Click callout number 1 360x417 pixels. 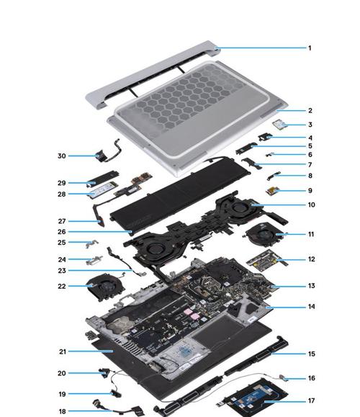point(310,48)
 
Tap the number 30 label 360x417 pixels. point(62,156)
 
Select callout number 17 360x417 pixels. point(311,400)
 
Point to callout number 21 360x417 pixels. point(63,351)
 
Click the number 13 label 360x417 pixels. point(311,286)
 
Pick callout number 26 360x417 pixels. point(62,232)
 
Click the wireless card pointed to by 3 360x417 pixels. point(279,125)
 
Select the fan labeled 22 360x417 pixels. point(104,287)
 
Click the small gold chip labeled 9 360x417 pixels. point(272,191)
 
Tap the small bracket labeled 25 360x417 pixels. point(92,243)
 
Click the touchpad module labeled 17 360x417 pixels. point(254,396)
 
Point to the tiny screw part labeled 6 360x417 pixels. point(269,154)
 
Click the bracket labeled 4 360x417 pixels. point(266,138)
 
